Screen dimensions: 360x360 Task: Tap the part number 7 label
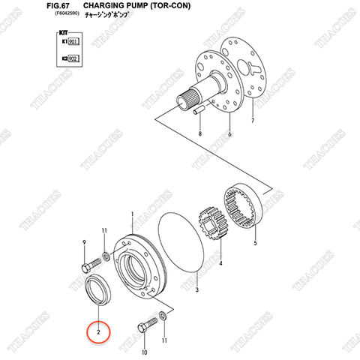(x=253, y=120)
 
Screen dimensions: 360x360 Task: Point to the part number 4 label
(x=220, y=264)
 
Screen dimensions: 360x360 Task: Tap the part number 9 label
(x=83, y=241)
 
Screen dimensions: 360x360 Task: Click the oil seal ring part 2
(x=98, y=288)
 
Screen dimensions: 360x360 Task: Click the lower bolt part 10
(x=145, y=328)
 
